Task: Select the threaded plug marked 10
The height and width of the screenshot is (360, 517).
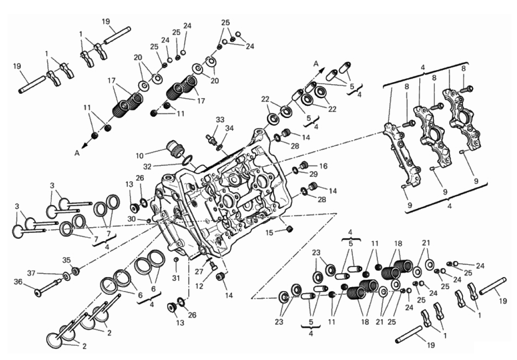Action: [175, 148]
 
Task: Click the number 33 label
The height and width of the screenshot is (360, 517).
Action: [220, 119]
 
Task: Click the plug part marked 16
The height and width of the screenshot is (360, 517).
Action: [304, 165]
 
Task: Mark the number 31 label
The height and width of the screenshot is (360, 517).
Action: [176, 278]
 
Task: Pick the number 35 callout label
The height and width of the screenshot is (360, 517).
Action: [66, 261]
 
